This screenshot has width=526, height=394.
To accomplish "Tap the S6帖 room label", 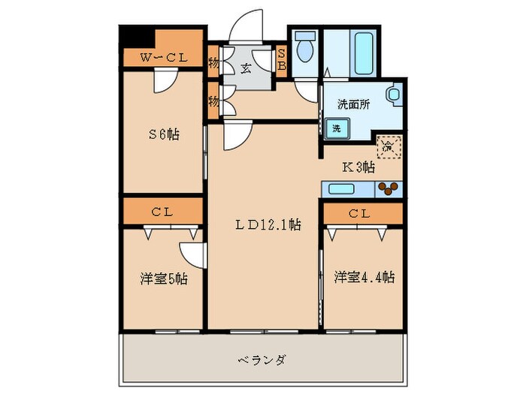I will [x=162, y=134].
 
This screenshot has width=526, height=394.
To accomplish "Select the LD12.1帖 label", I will [x=265, y=224].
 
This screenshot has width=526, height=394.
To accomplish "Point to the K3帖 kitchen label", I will [x=358, y=167].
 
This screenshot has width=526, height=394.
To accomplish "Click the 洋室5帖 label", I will [x=162, y=278].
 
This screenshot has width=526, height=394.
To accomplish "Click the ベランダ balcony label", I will [x=264, y=359].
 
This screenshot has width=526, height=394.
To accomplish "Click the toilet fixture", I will [x=305, y=50].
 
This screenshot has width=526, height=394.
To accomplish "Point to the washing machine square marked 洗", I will [x=337, y=128].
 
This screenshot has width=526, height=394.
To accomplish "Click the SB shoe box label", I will [x=282, y=58].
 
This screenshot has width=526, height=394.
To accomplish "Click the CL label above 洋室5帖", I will [x=162, y=212].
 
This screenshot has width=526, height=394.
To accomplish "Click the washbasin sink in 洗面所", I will [x=393, y=95].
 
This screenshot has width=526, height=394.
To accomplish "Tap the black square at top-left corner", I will [x=133, y=36].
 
